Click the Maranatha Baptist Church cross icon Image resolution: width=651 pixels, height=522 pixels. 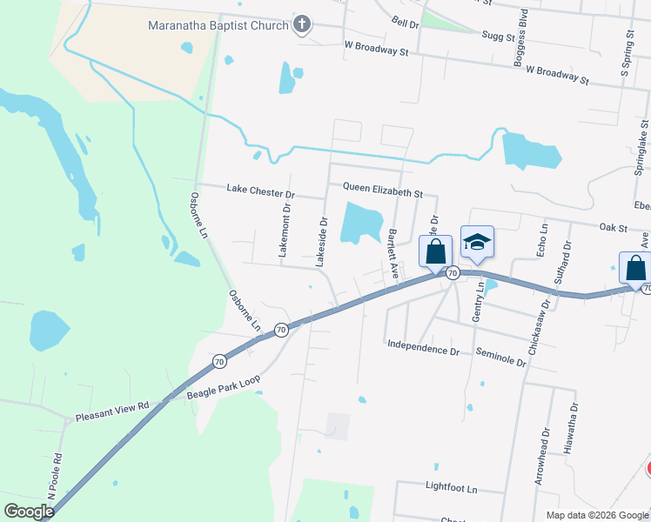302,24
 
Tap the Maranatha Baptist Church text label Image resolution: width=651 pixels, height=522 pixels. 218,25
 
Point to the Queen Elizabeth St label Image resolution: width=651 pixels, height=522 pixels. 382,188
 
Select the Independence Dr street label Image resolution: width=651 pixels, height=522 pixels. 423,351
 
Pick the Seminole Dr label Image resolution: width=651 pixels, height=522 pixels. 501,355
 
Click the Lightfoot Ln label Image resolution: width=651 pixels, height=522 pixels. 452,488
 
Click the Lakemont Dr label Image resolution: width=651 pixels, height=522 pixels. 284,231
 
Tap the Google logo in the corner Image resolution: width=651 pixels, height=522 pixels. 29,511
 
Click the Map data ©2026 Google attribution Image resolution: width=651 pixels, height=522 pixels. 596,515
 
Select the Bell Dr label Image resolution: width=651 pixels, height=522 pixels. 405,23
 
